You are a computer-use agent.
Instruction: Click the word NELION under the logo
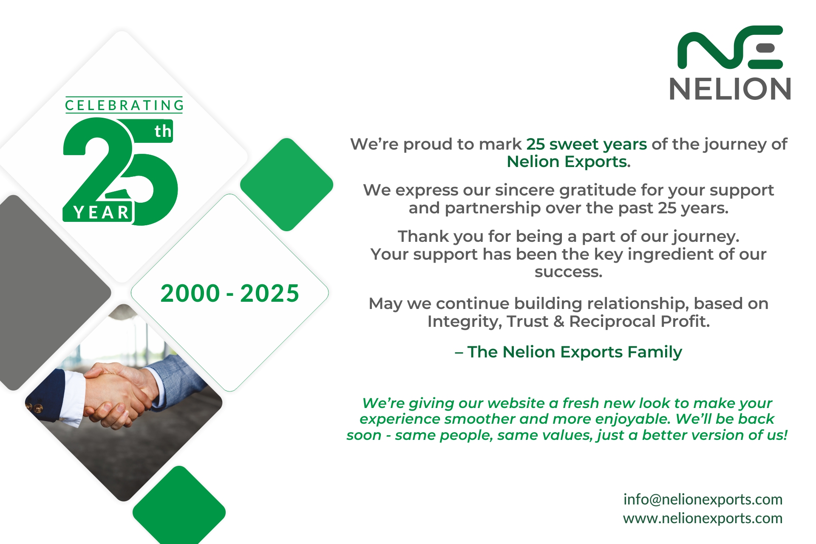coord(730,89)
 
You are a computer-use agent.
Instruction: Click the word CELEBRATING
coord(124,105)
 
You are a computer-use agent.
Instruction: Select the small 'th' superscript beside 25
coord(163,131)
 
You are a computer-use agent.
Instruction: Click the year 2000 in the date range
coord(190,293)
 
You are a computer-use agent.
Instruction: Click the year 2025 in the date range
coord(270,293)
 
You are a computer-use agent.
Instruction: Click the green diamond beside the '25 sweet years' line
coord(286,184)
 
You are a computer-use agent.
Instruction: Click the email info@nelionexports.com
coord(703,499)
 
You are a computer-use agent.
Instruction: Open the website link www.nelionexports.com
coord(703,518)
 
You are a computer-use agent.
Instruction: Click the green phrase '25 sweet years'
coord(586,144)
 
